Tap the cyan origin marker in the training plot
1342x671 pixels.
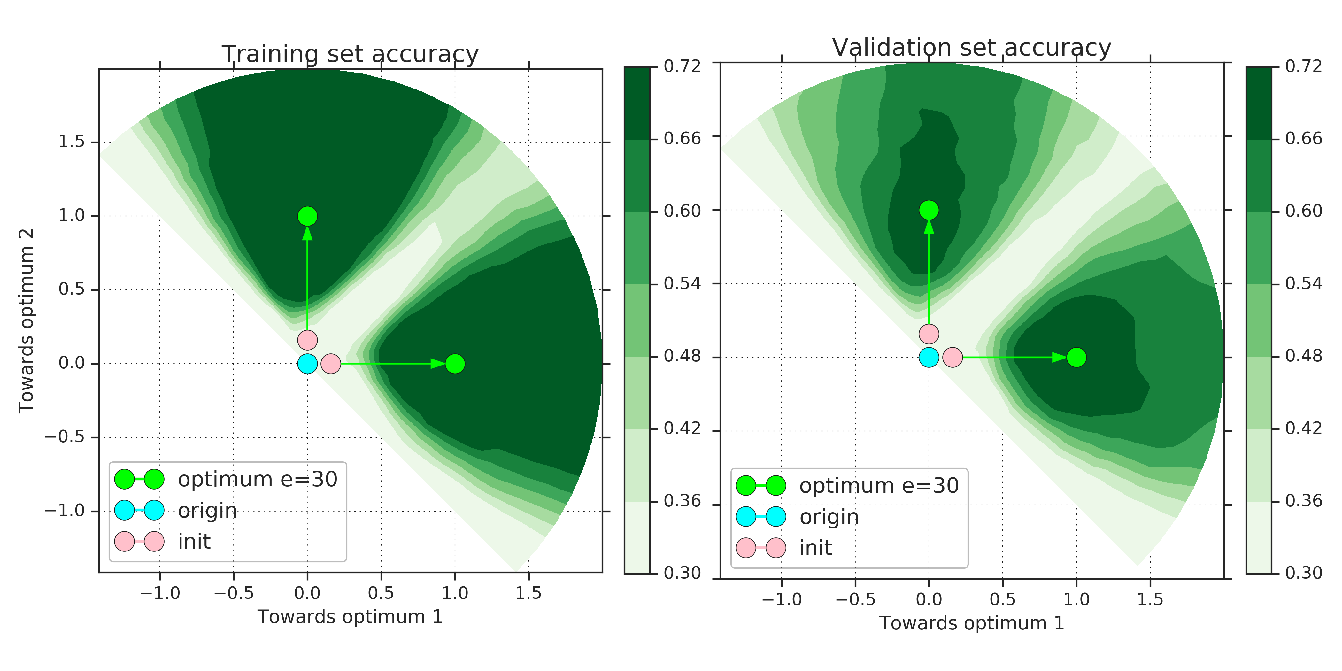coord(307,364)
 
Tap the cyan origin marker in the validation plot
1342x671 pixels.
coord(929,357)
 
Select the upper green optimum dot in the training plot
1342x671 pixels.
coord(307,216)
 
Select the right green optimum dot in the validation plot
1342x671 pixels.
coord(1076,357)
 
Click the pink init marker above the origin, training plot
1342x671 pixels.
coord(307,340)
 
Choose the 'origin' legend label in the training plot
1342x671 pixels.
coord(207,511)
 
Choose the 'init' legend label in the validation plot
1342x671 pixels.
coord(815,548)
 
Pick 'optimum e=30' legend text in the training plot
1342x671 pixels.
coord(257,479)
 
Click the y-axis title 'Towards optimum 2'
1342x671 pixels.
coord(26,321)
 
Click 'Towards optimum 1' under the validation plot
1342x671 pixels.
coord(972,623)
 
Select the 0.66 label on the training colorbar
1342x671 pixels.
coord(682,139)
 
